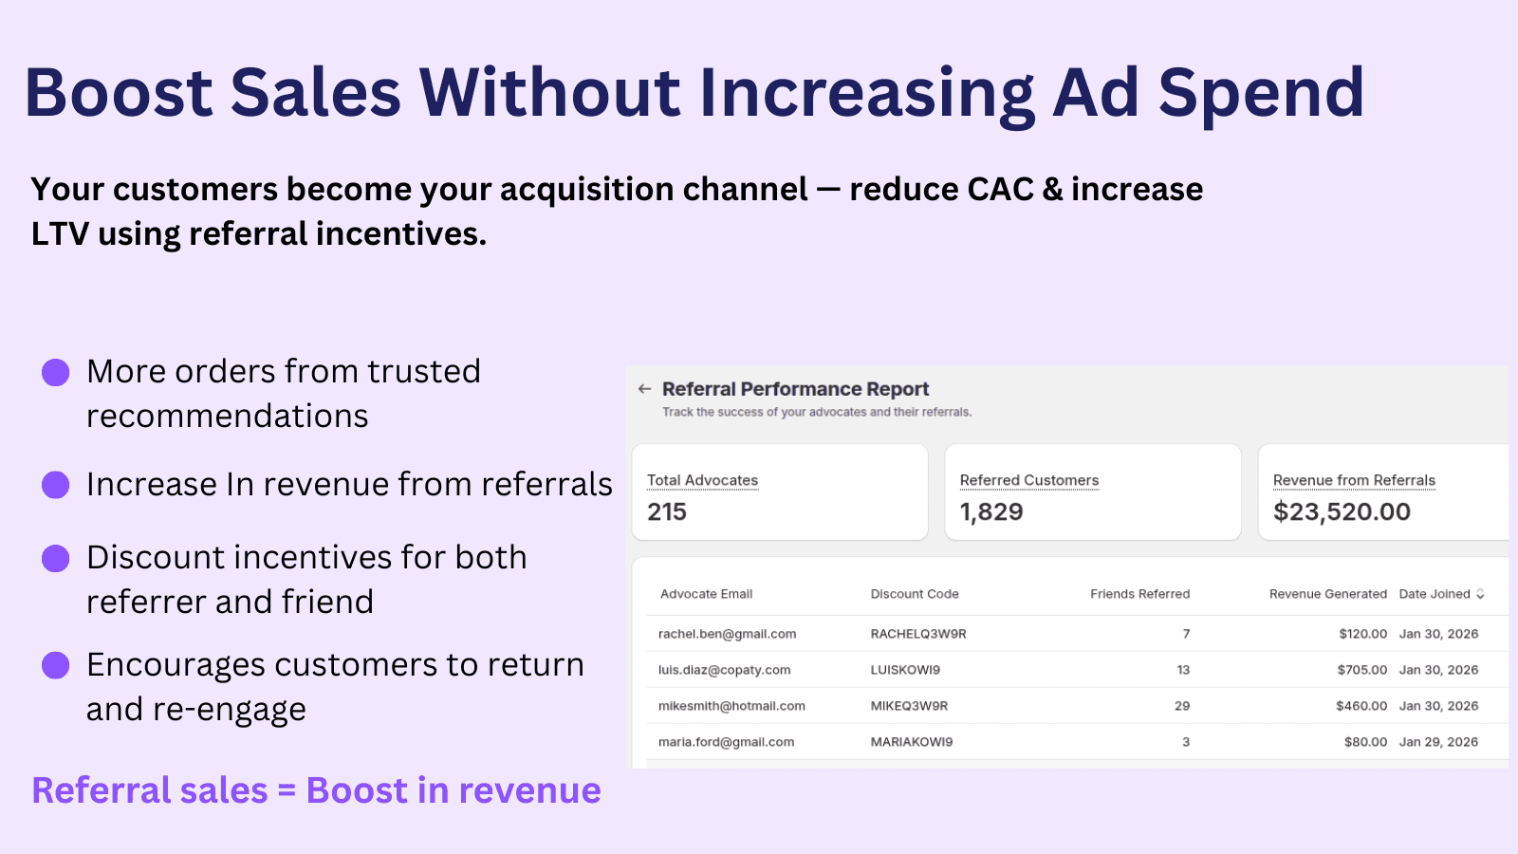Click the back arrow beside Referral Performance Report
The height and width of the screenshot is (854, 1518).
645,389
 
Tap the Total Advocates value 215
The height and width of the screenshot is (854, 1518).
667,512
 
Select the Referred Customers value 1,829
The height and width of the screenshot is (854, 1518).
991,512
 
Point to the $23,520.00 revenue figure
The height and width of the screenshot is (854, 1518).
1342,512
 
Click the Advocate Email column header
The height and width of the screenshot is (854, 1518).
706,594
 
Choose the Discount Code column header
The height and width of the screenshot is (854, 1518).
915,594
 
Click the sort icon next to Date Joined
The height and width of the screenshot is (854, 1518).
1480,594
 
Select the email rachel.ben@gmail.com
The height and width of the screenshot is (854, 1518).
727,634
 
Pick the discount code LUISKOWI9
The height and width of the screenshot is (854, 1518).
905,670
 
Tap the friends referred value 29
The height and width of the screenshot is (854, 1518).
1182,706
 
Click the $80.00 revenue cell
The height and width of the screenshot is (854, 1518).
1365,742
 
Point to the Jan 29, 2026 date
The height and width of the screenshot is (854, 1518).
1438,742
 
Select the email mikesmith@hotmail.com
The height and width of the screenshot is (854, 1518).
731,706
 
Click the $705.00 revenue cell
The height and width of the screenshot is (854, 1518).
1362,670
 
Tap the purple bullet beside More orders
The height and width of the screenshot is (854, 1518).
56,372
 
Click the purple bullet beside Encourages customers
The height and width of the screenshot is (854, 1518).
56,665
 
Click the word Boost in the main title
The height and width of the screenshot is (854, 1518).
119,93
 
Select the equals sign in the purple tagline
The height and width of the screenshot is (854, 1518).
287,790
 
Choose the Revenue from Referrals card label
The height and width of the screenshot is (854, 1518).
1354,480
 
